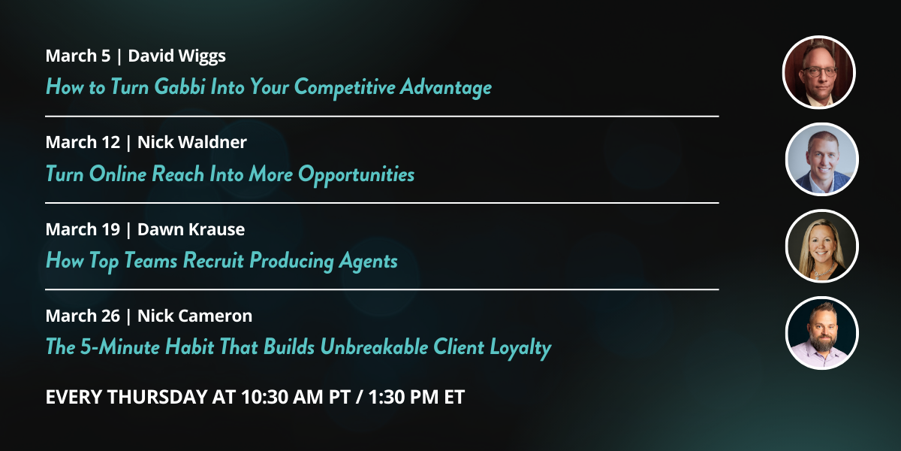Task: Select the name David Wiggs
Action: (x=177, y=56)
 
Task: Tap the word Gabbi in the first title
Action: (x=180, y=87)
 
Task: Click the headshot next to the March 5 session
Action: (x=819, y=73)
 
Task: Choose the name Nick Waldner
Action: (x=192, y=142)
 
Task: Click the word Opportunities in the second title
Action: (x=356, y=174)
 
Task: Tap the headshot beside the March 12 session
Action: (x=821, y=159)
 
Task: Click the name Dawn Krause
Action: (x=191, y=229)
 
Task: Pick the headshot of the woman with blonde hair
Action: (x=821, y=246)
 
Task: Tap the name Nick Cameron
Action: (x=195, y=316)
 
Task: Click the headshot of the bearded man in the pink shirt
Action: (x=821, y=333)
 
